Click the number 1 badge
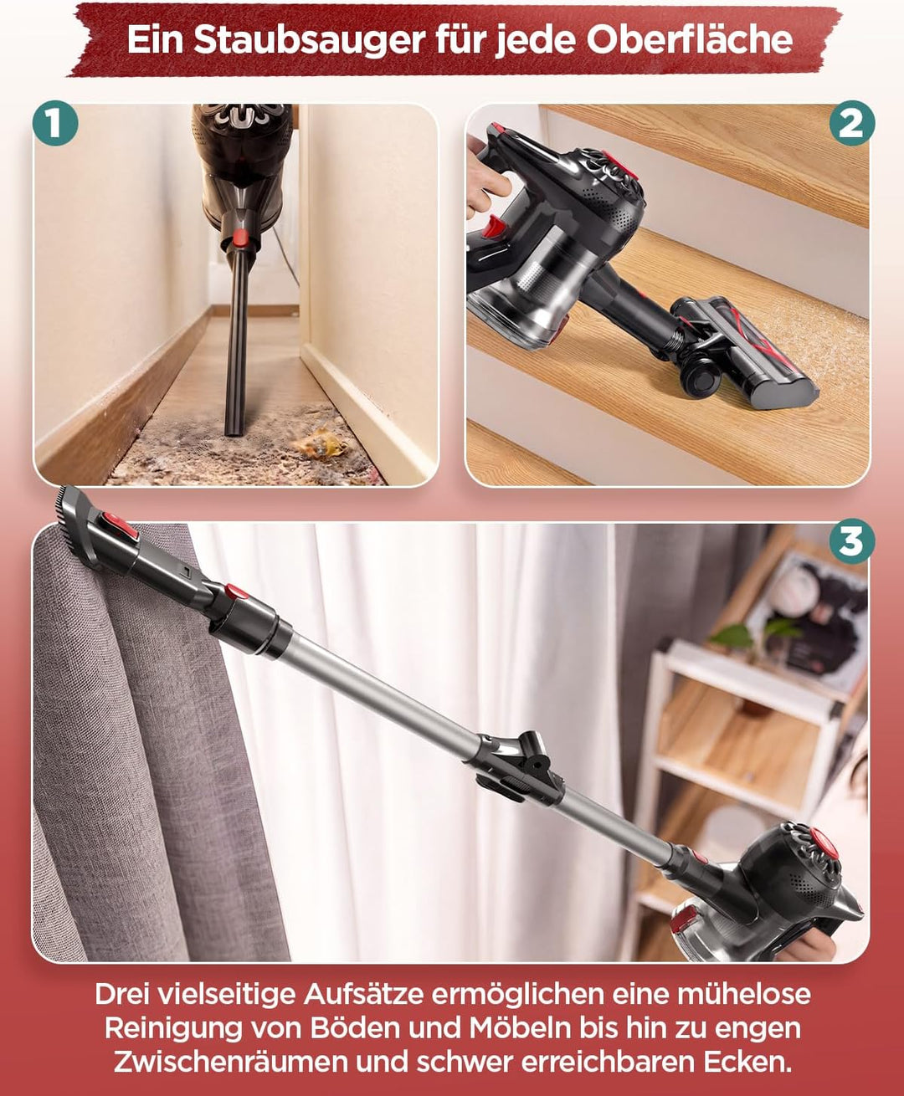click(x=55, y=123)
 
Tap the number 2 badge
click(x=852, y=123)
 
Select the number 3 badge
click(x=851, y=541)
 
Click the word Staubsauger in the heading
click(x=310, y=39)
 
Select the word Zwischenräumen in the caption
click(x=230, y=1062)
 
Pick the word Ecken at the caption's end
click(x=747, y=1062)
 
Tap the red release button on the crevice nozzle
click(x=240, y=238)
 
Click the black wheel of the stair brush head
click(x=701, y=376)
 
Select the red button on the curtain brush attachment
click(x=120, y=526)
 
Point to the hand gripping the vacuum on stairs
click(x=485, y=177)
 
